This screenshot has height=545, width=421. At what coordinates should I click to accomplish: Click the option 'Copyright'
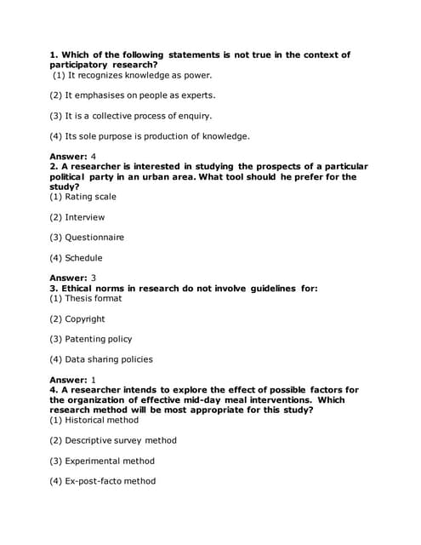coord(77,319)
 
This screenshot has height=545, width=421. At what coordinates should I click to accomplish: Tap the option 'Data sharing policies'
coord(101,359)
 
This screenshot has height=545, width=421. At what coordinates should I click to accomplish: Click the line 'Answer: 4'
coord(72,157)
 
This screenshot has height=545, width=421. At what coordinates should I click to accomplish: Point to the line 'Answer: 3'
coord(72,278)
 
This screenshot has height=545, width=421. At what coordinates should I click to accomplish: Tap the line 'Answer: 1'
coord(72,379)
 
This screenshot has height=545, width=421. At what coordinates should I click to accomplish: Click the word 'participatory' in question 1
coord(79,65)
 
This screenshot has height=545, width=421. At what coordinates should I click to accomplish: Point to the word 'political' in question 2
coord(70,176)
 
